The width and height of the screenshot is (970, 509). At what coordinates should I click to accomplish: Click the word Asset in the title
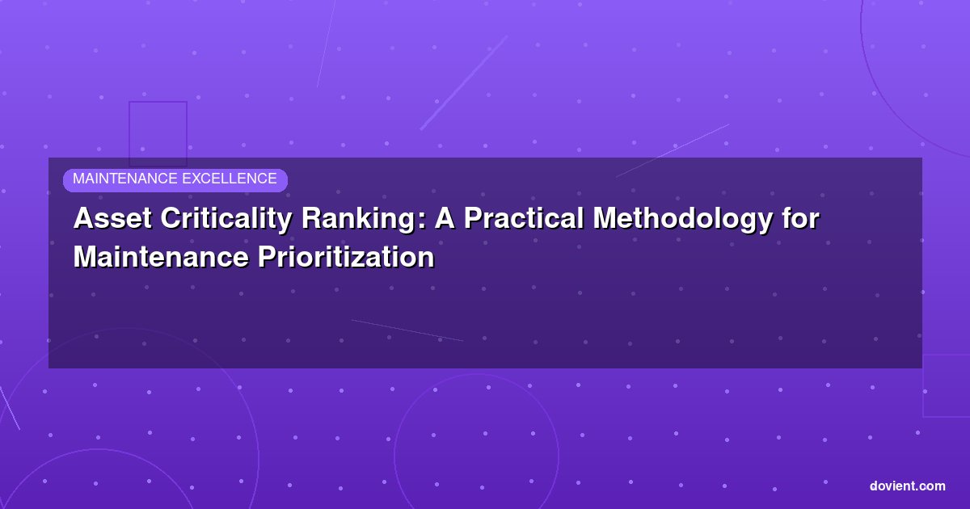point(112,218)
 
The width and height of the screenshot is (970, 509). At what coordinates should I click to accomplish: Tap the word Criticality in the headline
point(226,221)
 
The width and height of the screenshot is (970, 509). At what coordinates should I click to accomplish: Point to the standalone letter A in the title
point(445,218)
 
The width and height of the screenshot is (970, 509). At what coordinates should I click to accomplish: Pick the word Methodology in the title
point(682,221)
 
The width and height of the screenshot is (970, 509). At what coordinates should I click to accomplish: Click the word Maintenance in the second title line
point(161,257)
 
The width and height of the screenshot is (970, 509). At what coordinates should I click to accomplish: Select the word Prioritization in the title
point(346,257)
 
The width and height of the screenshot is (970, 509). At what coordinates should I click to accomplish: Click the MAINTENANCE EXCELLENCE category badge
point(175,180)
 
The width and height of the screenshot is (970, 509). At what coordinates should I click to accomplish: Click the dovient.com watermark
point(907,486)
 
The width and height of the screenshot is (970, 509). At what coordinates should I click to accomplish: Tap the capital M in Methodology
point(605,218)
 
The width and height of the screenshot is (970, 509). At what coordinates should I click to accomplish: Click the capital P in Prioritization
point(268,257)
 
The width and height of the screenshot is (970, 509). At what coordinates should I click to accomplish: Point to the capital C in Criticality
point(171,218)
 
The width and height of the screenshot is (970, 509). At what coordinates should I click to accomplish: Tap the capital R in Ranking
point(312,218)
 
